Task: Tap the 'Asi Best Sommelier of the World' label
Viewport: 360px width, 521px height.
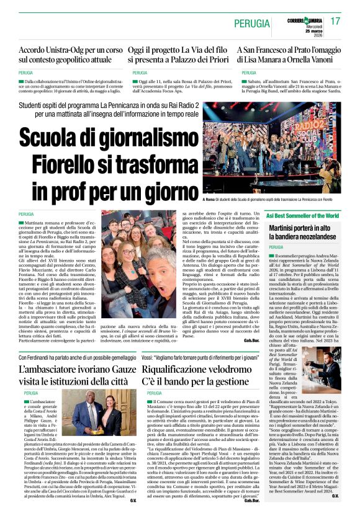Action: [x=303, y=216]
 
